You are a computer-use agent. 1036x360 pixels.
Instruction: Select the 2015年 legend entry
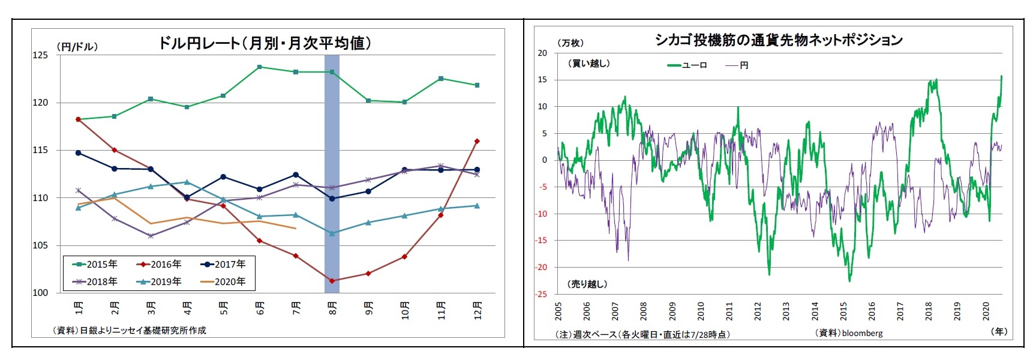click(x=95, y=264)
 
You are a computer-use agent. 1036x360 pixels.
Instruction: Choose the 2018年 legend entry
click(x=95, y=281)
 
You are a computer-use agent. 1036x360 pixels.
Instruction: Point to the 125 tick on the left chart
click(x=40, y=55)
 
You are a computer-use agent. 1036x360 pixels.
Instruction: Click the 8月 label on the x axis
click(x=332, y=308)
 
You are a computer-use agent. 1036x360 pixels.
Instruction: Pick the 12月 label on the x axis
click(x=478, y=310)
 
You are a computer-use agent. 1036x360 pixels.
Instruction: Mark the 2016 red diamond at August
click(x=332, y=280)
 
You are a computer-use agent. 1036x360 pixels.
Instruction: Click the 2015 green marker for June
click(x=259, y=67)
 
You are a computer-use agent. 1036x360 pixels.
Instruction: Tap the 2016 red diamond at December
click(x=477, y=141)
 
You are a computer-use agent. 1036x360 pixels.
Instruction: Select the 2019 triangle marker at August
click(x=332, y=233)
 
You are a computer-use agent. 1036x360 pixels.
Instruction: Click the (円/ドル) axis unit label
click(x=77, y=46)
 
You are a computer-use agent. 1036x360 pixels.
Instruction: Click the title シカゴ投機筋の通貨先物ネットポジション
click(x=778, y=40)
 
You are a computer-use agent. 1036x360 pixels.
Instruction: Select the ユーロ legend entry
click(x=688, y=65)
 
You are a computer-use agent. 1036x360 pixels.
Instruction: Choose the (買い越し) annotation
click(x=588, y=63)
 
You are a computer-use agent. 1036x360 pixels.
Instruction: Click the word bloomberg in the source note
click(x=862, y=333)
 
